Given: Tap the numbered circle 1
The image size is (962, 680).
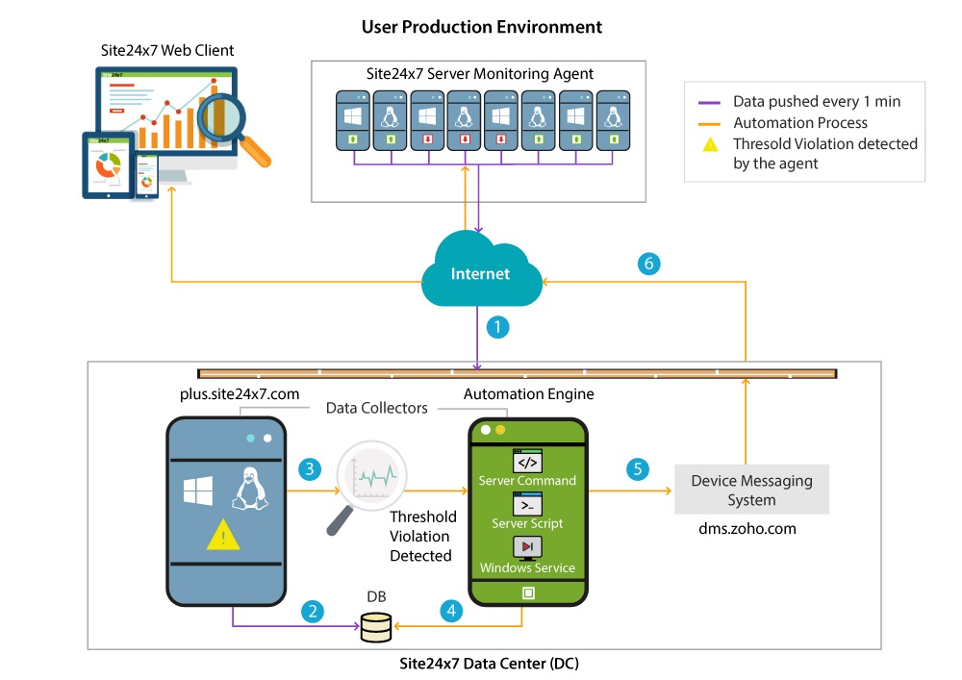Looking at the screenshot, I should [497, 328].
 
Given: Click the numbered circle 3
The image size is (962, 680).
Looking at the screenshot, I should [309, 468].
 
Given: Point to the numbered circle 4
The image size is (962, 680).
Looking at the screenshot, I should [450, 610].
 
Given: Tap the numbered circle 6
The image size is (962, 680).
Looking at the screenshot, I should [650, 262].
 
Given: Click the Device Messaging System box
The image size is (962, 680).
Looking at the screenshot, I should [751, 490].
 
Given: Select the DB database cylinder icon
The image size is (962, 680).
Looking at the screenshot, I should [376, 627].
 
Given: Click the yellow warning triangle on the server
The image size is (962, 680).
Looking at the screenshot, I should [223, 534].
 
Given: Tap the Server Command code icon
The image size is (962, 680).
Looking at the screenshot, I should [527, 460].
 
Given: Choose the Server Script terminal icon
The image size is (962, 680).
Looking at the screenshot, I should [527, 503].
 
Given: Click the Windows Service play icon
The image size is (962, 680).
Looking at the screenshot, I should [527, 547].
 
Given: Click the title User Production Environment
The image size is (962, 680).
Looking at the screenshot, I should [481, 26].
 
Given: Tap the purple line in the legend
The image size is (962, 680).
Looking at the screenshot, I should [710, 101].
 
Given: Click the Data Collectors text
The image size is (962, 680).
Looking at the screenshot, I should [377, 408].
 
